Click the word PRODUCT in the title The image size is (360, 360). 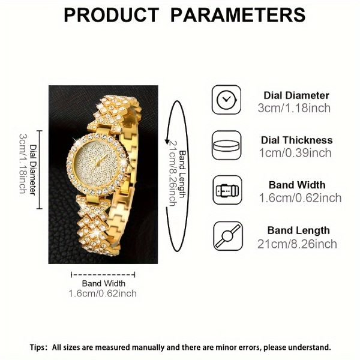(112, 15)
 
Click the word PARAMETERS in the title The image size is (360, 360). (238, 15)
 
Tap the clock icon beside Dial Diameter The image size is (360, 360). (226, 100)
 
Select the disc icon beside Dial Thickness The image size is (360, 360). (226, 145)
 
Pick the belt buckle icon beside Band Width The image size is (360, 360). (227, 190)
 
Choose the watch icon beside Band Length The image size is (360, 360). (228, 236)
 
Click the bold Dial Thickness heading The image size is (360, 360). (296, 140)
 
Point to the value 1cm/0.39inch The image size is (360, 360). (295, 153)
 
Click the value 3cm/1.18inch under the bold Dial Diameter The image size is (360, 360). (294, 108)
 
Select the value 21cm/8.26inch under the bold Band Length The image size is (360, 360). (297, 244)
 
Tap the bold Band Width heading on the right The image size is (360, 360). (297, 185)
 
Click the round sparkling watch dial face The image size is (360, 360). (97, 164)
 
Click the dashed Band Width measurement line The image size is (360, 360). (103, 275)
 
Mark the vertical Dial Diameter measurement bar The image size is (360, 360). (40, 170)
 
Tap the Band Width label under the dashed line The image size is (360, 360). (104, 284)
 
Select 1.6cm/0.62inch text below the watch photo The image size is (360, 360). (103, 293)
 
